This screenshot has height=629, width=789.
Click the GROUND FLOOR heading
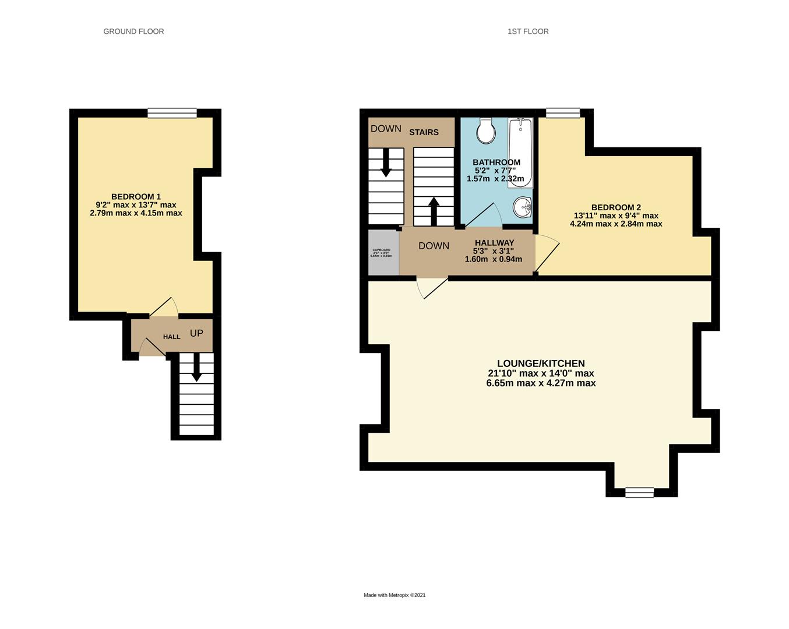click(133, 31)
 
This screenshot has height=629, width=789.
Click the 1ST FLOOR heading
click(527, 31)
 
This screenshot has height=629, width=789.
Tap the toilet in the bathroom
click(485, 131)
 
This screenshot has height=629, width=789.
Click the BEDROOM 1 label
click(136, 197)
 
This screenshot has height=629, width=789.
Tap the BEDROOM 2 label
click(616, 207)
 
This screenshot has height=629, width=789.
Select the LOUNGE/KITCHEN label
click(541, 363)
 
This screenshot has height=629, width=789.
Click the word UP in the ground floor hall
click(196, 333)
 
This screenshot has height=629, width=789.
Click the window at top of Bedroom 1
click(172, 113)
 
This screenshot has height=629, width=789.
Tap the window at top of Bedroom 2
click(563, 113)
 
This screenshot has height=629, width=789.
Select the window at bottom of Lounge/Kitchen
click(639, 493)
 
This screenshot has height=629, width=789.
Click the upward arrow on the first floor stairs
click(434, 210)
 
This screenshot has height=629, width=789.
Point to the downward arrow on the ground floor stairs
click(196, 368)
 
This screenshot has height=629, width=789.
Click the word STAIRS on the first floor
click(424, 132)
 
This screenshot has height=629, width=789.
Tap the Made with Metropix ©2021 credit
click(394, 595)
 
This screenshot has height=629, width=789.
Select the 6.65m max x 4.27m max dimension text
click(541, 383)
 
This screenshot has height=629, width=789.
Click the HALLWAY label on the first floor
click(494, 243)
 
